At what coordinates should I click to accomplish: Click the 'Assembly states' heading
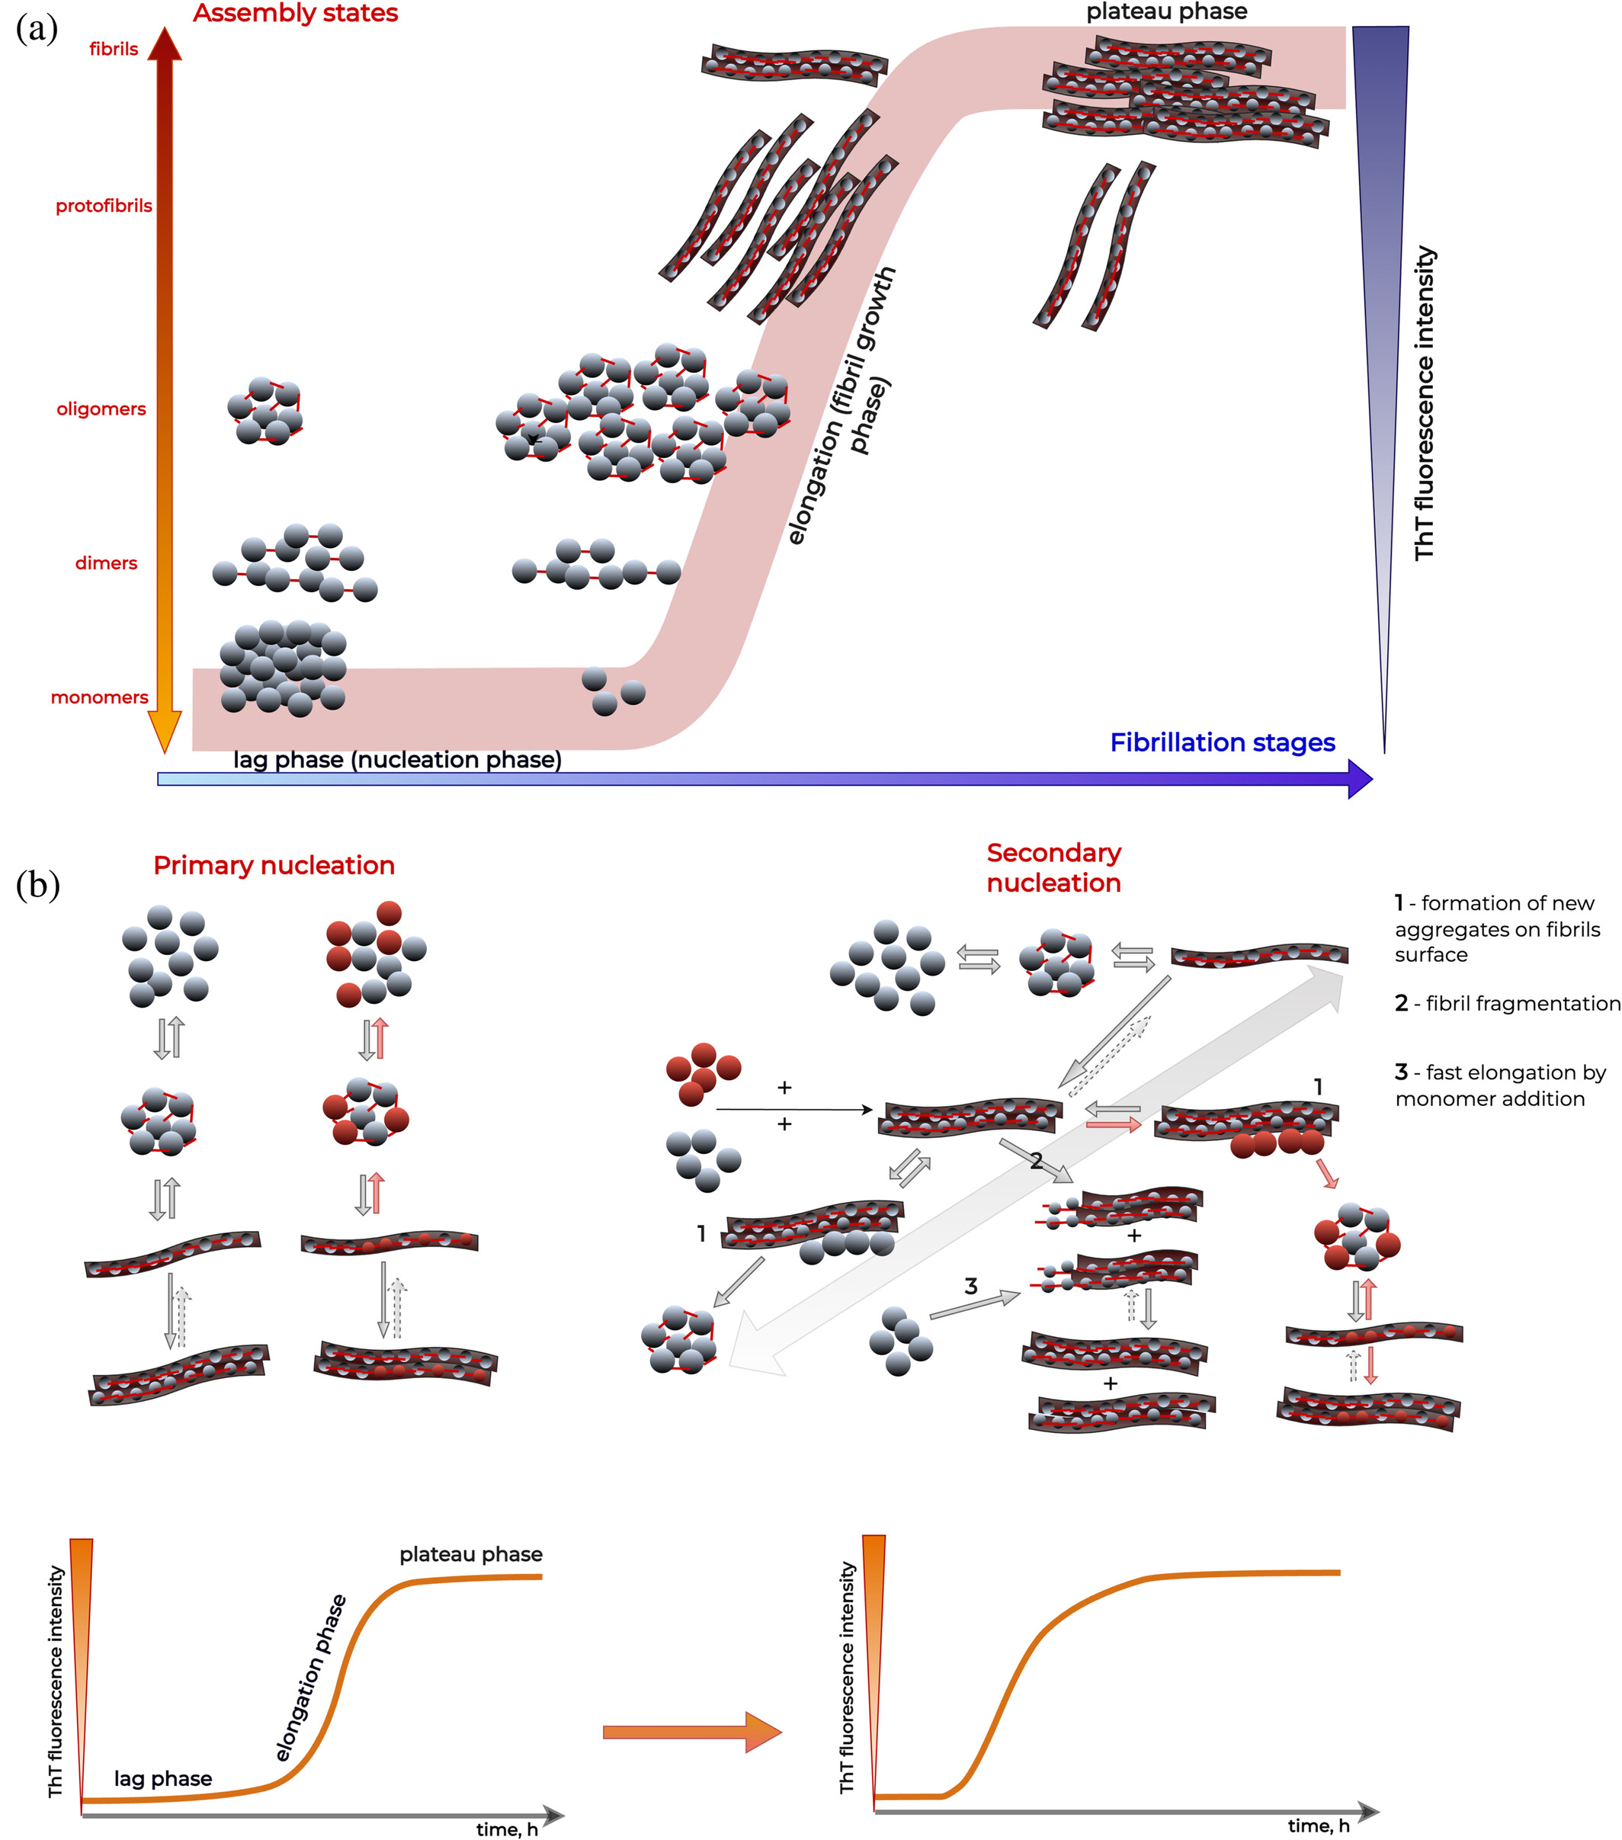(x=295, y=14)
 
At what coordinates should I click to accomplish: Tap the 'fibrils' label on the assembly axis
(x=114, y=50)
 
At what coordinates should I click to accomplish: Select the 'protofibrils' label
(x=104, y=206)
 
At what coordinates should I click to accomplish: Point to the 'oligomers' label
(x=101, y=409)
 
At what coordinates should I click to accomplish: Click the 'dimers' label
(x=106, y=563)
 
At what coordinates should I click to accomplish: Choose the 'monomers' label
(x=99, y=697)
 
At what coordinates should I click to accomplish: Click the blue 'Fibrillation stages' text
(x=1221, y=742)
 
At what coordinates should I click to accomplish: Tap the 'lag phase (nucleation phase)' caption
(x=397, y=760)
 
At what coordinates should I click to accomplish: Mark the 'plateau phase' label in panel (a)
(x=1166, y=11)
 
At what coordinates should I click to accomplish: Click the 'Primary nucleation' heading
(x=274, y=866)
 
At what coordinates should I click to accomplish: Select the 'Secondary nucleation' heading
(x=1053, y=868)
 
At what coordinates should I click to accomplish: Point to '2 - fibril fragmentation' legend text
(x=1507, y=1004)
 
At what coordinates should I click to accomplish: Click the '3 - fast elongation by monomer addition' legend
(x=1499, y=1085)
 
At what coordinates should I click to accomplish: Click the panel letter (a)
(x=37, y=29)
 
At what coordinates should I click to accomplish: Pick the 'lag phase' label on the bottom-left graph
(x=163, y=1779)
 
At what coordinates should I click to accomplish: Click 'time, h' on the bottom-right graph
(x=1318, y=1826)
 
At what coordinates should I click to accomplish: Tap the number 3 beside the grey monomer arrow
(x=970, y=1287)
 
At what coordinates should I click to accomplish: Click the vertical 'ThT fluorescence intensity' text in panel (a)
(x=1424, y=403)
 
